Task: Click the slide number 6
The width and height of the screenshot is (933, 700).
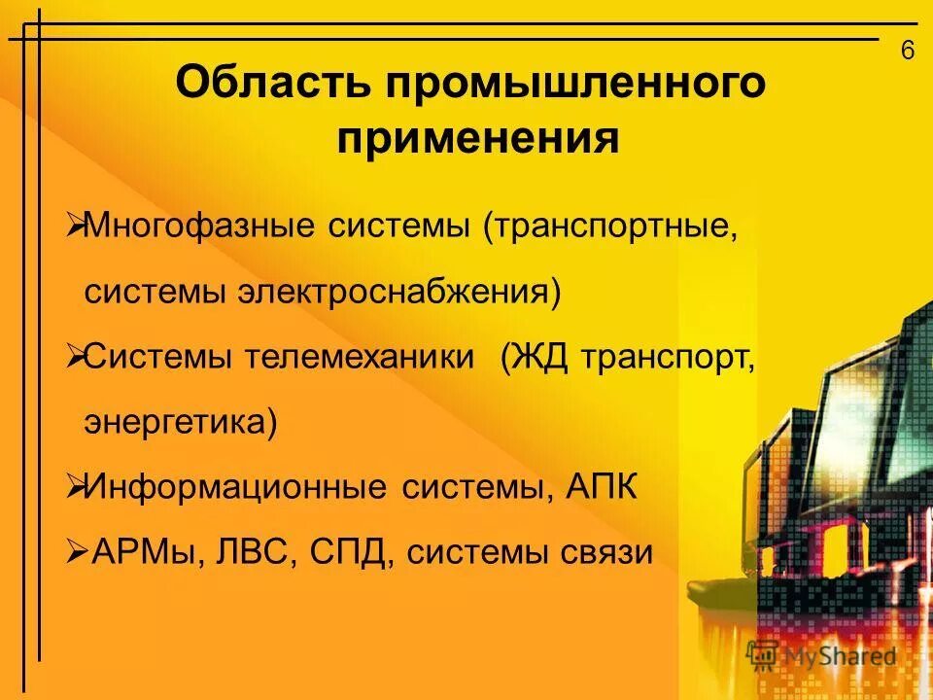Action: tap(908, 51)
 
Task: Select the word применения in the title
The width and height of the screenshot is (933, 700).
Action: tap(478, 139)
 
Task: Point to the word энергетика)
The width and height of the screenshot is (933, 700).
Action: tap(180, 423)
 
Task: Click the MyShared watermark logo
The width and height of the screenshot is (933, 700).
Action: tap(821, 655)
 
